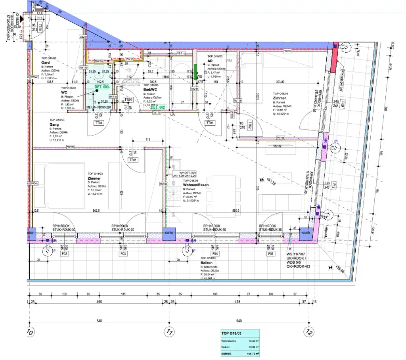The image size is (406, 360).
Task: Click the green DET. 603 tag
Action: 101,87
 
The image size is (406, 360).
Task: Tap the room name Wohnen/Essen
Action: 196,185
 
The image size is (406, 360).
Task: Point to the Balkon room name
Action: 207,263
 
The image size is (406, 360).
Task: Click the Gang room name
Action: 54,124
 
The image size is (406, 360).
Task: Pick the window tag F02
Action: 64,253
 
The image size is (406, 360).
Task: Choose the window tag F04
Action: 214,253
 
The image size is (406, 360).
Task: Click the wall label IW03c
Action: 287,51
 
